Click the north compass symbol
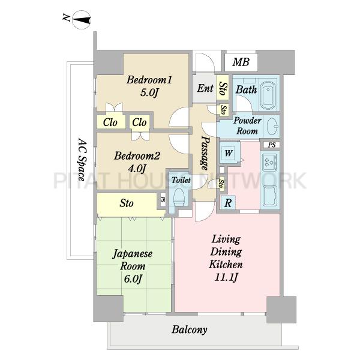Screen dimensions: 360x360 tap(82, 20)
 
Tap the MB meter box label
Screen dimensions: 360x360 tap(241, 62)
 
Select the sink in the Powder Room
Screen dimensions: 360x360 tap(274, 127)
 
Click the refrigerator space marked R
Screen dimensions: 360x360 tap(228, 203)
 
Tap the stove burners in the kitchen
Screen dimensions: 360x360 tap(269, 161)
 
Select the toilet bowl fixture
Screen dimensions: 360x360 tap(179, 196)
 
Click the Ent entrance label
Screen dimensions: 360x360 tap(205, 88)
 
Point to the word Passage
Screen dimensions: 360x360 tap(205, 153)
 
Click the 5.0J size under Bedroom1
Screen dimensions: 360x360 tap(149, 93)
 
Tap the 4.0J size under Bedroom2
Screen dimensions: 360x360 tap(137, 169)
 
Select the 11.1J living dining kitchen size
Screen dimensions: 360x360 tap(226, 277)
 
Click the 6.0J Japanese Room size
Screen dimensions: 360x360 tap(133, 279)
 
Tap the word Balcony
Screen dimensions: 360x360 tap(190, 329)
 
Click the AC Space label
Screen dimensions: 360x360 tap(81, 160)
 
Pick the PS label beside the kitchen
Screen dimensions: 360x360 tap(272, 145)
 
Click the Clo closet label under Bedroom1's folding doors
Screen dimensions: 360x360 tap(110, 122)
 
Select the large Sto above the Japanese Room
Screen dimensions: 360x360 tap(127, 203)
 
